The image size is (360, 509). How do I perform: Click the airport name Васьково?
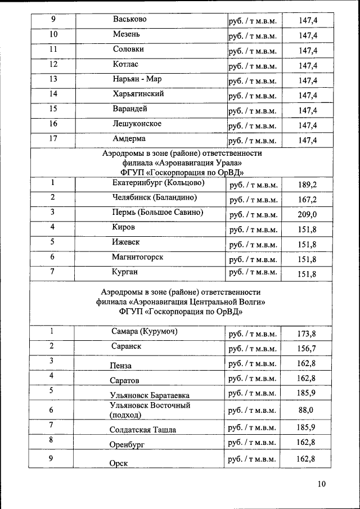point(129,20)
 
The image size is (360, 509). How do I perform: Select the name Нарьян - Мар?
point(137,79)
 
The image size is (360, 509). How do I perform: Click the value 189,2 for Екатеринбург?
point(307,184)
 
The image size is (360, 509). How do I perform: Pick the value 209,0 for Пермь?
point(307,214)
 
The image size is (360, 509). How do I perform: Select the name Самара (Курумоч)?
point(145,332)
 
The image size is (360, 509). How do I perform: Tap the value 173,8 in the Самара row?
point(307,334)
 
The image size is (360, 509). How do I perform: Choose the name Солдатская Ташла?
point(143,430)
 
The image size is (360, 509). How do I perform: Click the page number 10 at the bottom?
point(321,484)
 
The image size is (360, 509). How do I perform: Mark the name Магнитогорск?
point(137,257)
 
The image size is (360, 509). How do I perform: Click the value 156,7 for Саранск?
point(307,349)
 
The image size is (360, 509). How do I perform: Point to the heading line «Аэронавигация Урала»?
point(182,163)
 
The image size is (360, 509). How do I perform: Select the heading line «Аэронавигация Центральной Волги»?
point(181,301)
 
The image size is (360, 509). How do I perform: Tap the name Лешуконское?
point(137,124)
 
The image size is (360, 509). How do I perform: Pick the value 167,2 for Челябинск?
point(307,200)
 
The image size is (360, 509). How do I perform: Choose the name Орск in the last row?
point(119,463)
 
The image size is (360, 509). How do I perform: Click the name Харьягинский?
point(138,94)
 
